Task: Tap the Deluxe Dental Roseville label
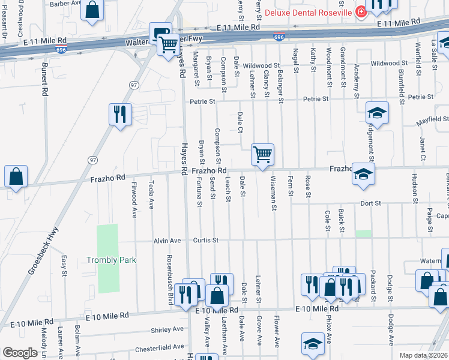pos(300,12)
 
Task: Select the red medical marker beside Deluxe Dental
pos(360,12)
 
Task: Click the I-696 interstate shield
pos(279,37)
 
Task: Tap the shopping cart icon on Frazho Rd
pos(262,154)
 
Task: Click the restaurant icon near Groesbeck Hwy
pos(119,113)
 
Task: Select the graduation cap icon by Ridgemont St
pos(378,112)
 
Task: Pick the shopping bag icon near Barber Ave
pos(92,10)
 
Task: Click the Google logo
pos(20,353)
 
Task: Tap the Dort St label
pos(370,203)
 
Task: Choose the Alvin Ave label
pos(167,241)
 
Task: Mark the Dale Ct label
pos(240,122)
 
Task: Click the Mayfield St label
pos(434,119)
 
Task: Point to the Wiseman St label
pos(273,193)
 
